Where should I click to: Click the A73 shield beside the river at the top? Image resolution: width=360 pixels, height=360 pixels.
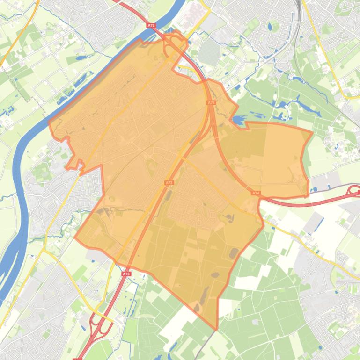pyautogui.click(x=150, y=26)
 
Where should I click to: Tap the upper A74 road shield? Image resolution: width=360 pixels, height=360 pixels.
pyautogui.click(x=211, y=102)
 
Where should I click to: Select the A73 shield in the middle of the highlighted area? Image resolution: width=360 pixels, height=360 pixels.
pyautogui.click(x=169, y=183)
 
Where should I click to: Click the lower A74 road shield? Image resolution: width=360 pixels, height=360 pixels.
pyautogui.click(x=255, y=193)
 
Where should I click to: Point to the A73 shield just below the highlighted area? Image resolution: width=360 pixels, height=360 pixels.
pyautogui.click(x=126, y=274)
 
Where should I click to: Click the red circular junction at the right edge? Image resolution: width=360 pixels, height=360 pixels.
pyautogui.click(x=354, y=191)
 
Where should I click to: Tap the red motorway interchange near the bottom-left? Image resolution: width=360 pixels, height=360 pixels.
pyautogui.click(x=101, y=323)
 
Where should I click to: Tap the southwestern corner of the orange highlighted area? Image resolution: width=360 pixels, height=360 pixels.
pyautogui.click(x=75, y=237)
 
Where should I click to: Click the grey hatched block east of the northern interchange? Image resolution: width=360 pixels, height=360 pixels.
pyautogui.click(x=208, y=51)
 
